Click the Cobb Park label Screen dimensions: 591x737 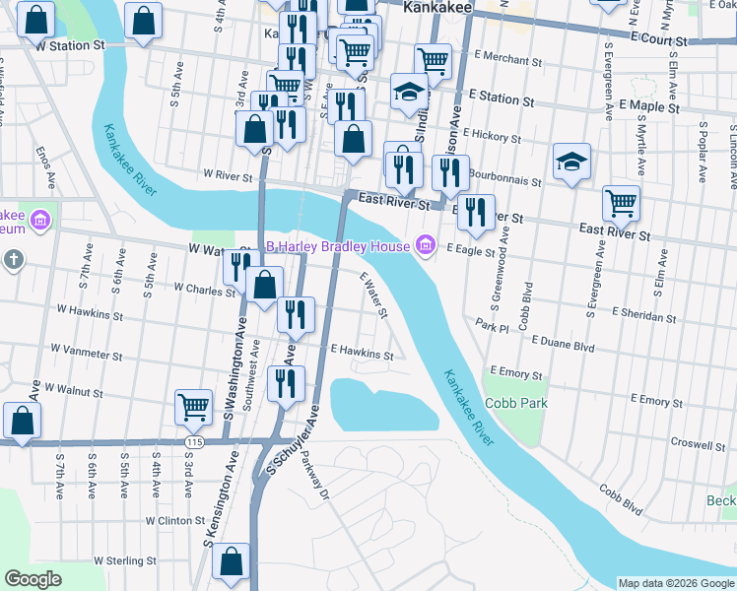515,403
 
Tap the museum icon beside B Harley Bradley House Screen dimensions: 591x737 426,244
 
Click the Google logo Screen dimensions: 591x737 33,579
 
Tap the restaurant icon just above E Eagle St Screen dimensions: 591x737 477,213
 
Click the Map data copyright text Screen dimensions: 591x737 675,583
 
